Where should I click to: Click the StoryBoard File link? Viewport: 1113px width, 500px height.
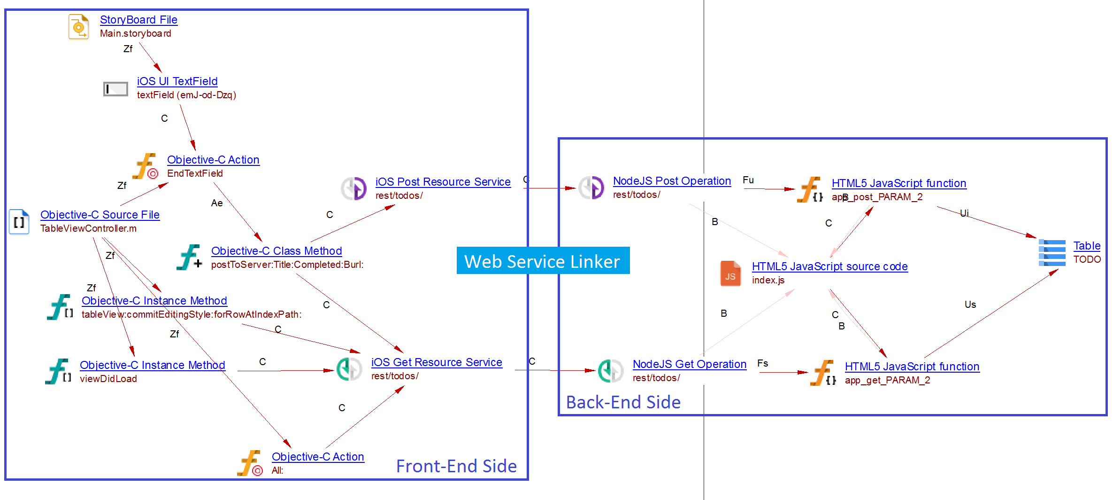click(x=138, y=20)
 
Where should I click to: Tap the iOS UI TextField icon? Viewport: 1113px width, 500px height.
click(x=115, y=89)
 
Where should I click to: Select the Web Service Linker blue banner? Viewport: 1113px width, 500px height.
click(x=543, y=261)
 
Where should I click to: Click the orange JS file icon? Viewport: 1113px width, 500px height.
click(x=730, y=273)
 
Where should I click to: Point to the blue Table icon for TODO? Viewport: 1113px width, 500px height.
click(x=1052, y=253)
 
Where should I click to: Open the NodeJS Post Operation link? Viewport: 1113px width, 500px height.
click(x=672, y=181)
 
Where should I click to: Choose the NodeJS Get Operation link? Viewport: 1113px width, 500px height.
click(x=689, y=364)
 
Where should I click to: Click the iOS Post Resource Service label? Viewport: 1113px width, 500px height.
click(x=443, y=182)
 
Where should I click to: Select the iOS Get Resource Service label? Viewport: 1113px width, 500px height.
click(x=437, y=362)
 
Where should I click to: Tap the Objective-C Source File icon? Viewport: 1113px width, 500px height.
click(x=19, y=222)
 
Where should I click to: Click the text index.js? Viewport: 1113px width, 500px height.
click(x=768, y=280)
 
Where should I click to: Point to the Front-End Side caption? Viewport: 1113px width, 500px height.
click(x=456, y=466)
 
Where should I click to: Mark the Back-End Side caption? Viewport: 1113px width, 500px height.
click(x=623, y=402)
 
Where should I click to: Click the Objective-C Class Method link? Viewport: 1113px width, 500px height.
click(x=276, y=251)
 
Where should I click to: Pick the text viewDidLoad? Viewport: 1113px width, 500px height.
click(x=108, y=379)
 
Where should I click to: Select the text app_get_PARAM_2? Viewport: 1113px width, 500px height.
click(x=887, y=380)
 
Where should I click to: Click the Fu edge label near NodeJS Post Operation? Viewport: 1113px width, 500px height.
click(x=748, y=180)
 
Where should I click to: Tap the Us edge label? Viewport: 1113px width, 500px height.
click(x=970, y=305)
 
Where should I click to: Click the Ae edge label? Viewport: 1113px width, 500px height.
click(x=217, y=203)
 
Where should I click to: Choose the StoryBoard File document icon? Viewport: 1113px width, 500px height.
click(x=78, y=27)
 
